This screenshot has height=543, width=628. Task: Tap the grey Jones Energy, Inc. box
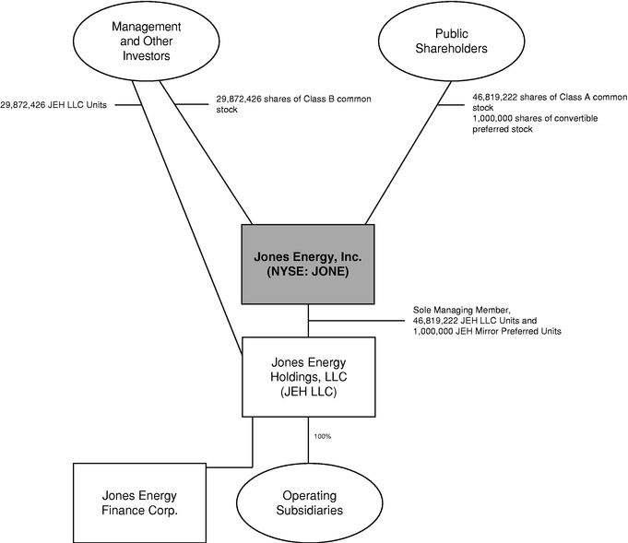[x=309, y=264]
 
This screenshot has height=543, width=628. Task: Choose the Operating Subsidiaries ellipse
[x=309, y=502]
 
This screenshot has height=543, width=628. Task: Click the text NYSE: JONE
[x=309, y=274]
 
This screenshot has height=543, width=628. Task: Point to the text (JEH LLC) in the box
[x=309, y=391]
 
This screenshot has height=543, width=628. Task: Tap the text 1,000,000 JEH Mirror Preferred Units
[x=487, y=331]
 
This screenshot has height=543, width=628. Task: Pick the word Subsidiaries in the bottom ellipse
[x=309, y=510]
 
